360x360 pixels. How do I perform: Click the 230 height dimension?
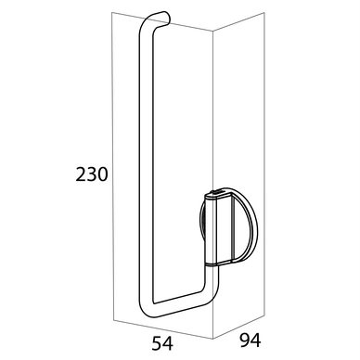93,174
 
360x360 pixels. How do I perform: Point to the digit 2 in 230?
81,174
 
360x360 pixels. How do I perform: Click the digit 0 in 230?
105,174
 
